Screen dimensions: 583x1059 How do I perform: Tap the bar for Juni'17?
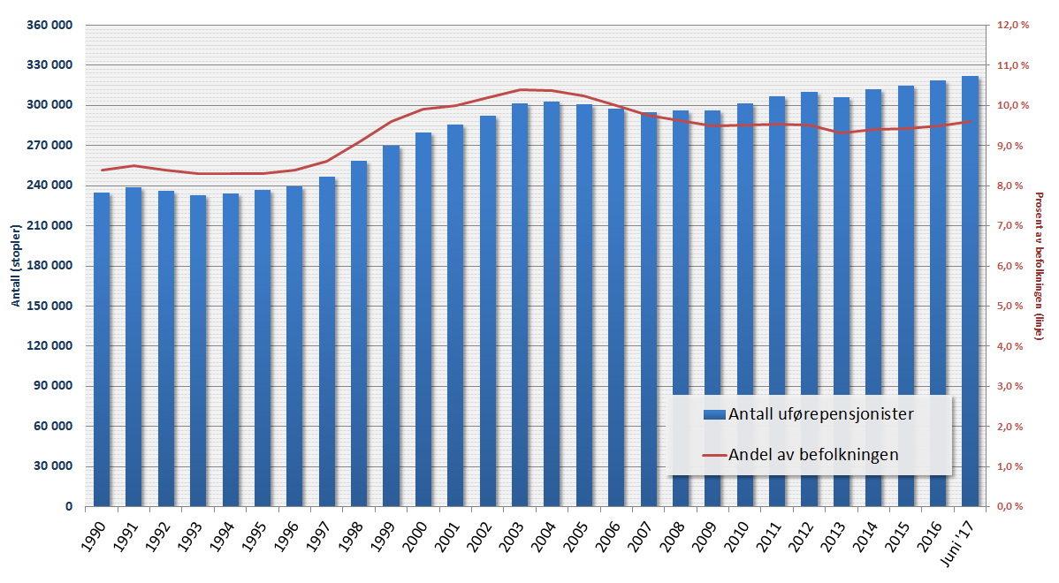pyautogui.click(x=970, y=291)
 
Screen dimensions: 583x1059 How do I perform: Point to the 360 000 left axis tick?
pyautogui.click(x=49, y=26)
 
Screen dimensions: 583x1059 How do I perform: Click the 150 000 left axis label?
pyautogui.click(x=49, y=307)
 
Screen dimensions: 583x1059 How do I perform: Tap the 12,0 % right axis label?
pyautogui.click(x=1013, y=26)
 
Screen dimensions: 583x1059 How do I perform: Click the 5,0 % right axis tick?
pyautogui.click(x=1013, y=307)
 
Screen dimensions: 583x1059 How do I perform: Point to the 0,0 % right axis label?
pyautogui.click(x=1013, y=507)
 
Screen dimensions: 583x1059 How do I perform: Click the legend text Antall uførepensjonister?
pyautogui.click(x=820, y=413)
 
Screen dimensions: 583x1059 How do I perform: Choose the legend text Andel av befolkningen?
pyautogui.click(x=813, y=455)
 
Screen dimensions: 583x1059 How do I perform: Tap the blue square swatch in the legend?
pyautogui.click(x=714, y=414)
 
